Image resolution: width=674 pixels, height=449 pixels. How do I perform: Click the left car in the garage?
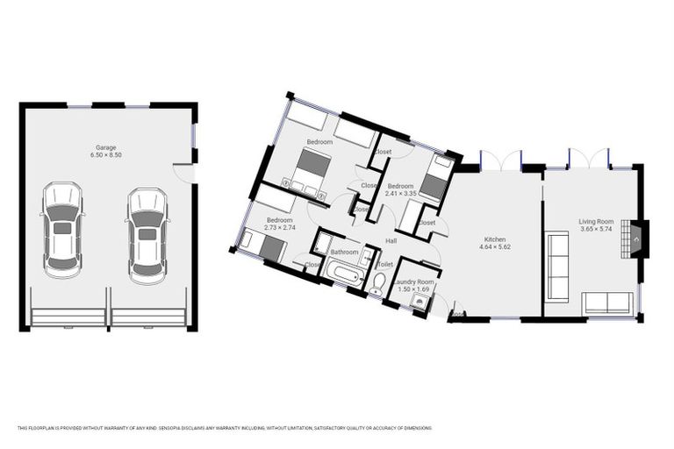[62, 230]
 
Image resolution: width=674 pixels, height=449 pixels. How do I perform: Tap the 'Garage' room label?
[105, 147]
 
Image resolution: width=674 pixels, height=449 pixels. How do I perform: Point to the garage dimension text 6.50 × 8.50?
[105, 155]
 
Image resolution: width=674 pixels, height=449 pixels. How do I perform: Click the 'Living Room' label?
[596, 222]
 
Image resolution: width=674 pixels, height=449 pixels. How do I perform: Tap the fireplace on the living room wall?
[636, 237]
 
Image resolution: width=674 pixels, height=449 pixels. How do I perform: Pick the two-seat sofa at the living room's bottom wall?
[606, 303]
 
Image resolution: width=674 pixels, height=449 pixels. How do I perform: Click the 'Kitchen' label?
[496, 239]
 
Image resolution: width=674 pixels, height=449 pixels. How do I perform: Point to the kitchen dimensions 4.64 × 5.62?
[496, 247]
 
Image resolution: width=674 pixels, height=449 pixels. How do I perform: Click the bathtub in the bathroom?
[339, 275]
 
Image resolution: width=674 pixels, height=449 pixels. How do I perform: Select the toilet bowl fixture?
[377, 282]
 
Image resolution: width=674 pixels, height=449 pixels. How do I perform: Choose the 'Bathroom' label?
[344, 253]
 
